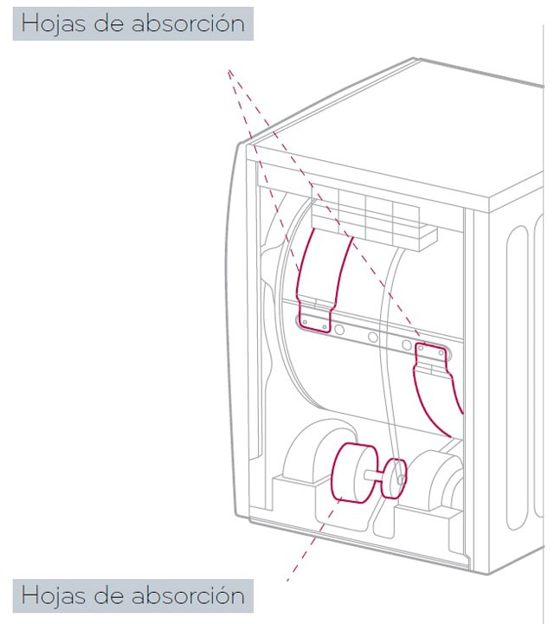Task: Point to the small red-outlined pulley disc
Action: click(395, 477)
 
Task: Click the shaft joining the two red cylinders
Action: click(377, 474)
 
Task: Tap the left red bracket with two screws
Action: click(314, 314)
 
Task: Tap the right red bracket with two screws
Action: click(432, 355)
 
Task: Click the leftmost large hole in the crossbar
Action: click(340, 330)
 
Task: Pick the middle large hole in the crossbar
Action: click(373, 338)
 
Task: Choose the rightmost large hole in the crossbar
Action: click(406, 345)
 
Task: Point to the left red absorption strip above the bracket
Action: click(323, 264)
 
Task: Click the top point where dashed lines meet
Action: click(230, 72)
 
